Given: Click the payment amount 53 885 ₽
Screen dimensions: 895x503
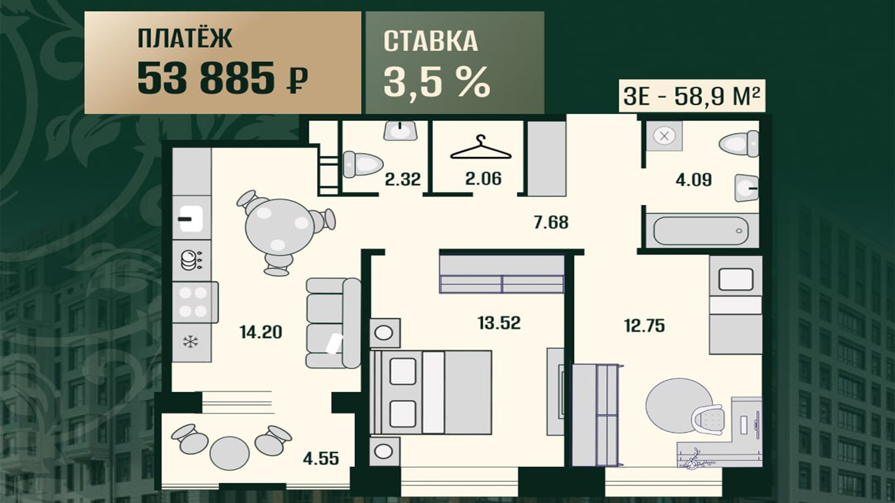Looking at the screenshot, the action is pos(222,78).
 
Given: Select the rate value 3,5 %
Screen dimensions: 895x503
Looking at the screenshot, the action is pos(437,82).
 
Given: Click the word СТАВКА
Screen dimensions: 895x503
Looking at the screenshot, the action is pos(431,41).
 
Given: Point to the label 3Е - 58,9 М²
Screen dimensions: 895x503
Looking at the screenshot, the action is pos(692,96).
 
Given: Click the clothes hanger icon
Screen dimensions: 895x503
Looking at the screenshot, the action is pos(481,148).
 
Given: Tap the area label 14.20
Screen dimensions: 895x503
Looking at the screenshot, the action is pos(261,332).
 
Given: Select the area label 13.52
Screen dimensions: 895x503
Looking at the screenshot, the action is pos(499,323).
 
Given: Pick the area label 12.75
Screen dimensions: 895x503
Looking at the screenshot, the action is pos(644,326).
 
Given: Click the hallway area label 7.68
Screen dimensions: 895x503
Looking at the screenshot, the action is pos(551,222).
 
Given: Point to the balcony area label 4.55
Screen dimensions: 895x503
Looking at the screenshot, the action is pos(321,459).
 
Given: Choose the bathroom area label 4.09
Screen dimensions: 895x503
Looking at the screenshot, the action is pos(694,179).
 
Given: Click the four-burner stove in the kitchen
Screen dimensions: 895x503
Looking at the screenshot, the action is pos(195,302).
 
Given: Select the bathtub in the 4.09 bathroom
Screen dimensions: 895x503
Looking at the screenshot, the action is pos(701,231).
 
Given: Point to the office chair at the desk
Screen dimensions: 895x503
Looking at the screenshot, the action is pos(708,421).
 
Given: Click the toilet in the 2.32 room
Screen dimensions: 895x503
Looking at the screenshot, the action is pos(363,164).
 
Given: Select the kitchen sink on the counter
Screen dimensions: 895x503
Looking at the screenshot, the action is pos(191,219).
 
